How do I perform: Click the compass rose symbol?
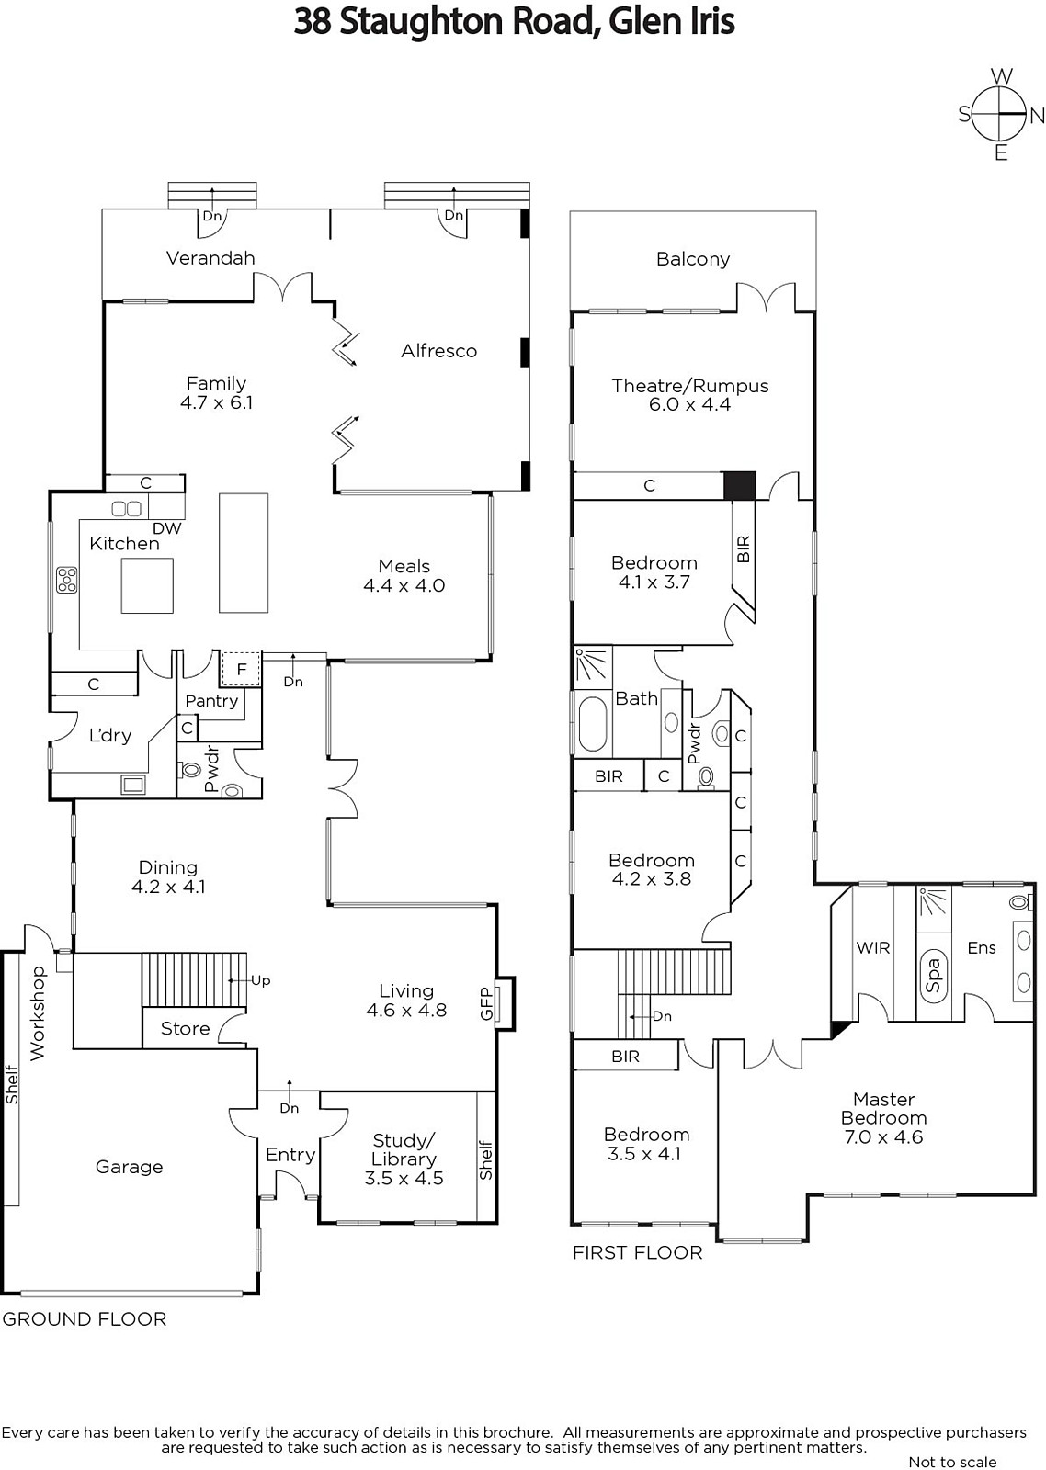pos(1000,114)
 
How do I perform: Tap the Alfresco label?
pos(438,351)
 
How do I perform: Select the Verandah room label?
pos(210,258)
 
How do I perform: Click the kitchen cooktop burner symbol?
pos(67,580)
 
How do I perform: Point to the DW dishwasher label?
pos(166,527)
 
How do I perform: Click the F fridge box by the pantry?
pos(241,669)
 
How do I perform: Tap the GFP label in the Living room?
pos(486,1003)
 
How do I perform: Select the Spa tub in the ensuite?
pos(934,975)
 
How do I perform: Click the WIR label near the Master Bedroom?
pos(872,947)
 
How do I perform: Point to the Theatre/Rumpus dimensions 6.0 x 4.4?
pos(689,404)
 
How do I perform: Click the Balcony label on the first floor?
pos(693,259)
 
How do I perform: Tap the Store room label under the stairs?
pos(185,1028)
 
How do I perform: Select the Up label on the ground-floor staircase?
pos(261,980)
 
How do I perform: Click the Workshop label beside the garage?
pos(38,1013)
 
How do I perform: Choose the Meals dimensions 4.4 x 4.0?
pos(404,585)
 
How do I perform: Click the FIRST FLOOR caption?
pos(637,1253)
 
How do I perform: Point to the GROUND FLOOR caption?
pos(85,1319)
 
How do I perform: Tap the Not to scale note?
pos(952,1462)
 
